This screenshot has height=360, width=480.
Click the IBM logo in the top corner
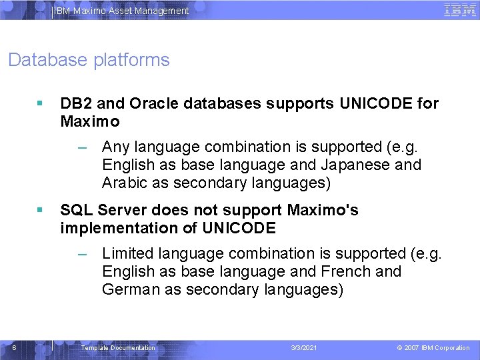pyautogui.click(x=460, y=10)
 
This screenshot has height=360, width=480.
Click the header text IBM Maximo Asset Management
pyautogui.click(x=121, y=11)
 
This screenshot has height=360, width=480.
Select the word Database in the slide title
pyautogui.click(x=45, y=60)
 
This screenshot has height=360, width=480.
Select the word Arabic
pyautogui.click(x=125, y=183)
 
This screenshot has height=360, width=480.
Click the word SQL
pyautogui.click(x=77, y=211)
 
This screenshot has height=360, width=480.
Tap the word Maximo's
pyautogui.click(x=323, y=211)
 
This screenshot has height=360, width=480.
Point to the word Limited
pyautogui.click(x=127, y=253)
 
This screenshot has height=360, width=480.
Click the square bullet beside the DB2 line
pyautogui.click(x=41, y=104)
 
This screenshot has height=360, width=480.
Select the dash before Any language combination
pyautogui.click(x=82, y=147)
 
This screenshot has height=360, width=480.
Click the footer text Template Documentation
pyautogui.click(x=117, y=348)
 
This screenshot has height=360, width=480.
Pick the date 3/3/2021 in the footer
pyautogui.click(x=305, y=348)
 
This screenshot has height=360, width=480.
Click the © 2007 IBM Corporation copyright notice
pyautogui.click(x=433, y=348)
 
